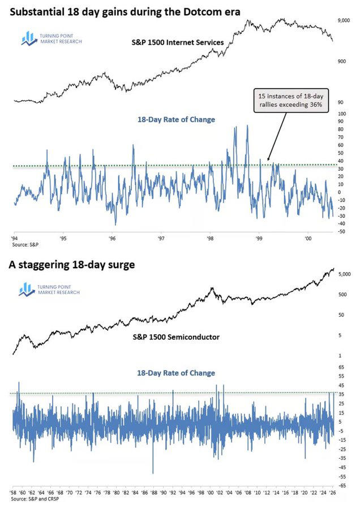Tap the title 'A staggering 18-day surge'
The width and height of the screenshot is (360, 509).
click(x=71, y=265)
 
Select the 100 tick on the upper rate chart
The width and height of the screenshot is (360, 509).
click(x=341, y=114)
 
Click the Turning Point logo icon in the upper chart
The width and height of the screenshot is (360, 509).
click(x=28, y=38)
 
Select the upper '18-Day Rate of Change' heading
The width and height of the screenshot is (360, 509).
click(x=176, y=120)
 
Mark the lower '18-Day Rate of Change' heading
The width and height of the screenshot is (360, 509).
click(x=176, y=373)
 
